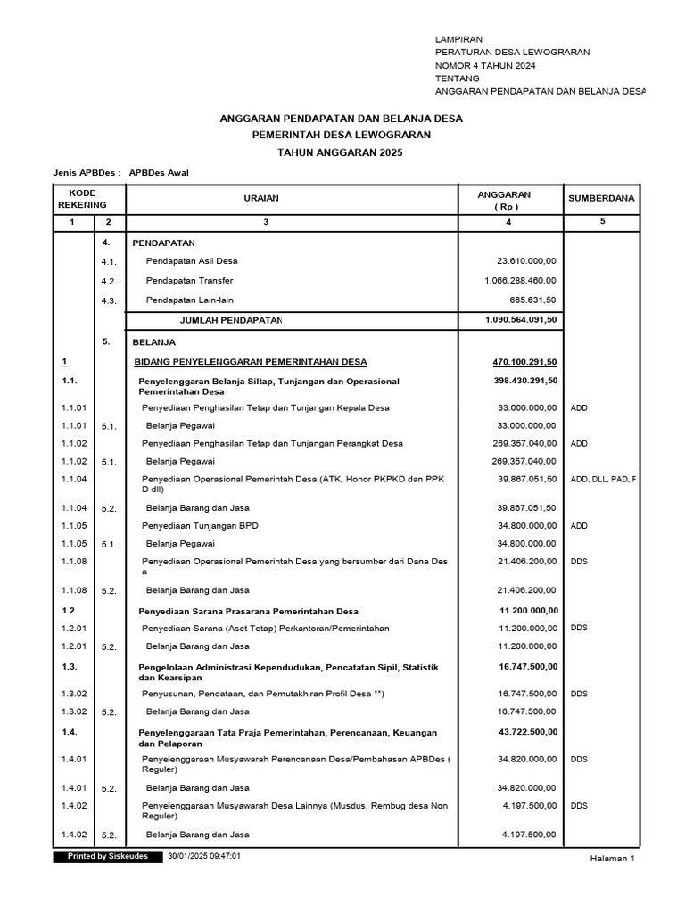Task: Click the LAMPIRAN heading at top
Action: point(458,40)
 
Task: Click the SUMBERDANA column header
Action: point(601,199)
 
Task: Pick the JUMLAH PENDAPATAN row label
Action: point(231,320)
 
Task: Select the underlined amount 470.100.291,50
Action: point(524,361)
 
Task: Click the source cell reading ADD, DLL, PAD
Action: point(603,479)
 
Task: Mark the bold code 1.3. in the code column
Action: point(70,667)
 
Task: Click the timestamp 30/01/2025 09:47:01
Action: point(204,856)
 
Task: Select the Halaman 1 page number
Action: point(612,859)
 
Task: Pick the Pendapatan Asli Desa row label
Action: point(192,261)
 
